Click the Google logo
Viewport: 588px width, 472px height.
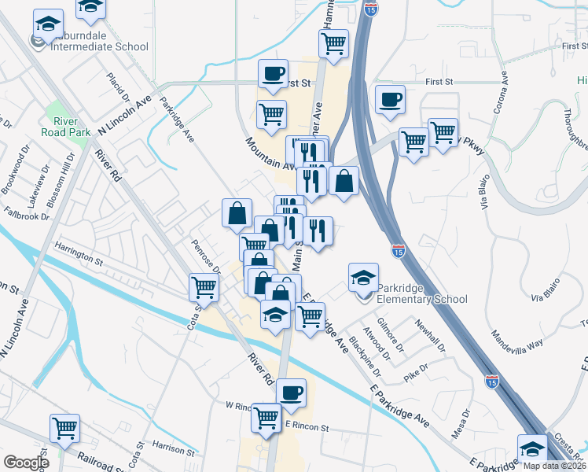click(x=26, y=463)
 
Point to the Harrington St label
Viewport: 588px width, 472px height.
click(x=79, y=253)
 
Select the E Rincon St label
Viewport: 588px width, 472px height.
click(x=307, y=425)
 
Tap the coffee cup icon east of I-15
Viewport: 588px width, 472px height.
click(x=390, y=100)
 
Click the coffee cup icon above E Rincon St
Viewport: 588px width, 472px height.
click(x=291, y=392)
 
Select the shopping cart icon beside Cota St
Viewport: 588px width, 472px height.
click(x=204, y=287)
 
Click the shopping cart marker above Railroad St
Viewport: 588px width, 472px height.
click(x=64, y=428)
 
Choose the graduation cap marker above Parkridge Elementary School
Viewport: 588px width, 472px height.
click(x=362, y=276)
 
